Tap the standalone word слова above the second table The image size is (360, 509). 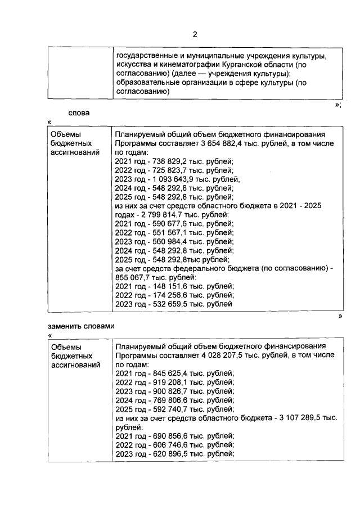(79, 112)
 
